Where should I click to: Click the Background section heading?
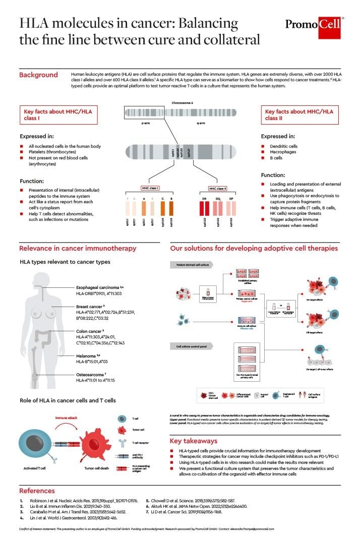38,75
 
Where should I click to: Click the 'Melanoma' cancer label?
86,355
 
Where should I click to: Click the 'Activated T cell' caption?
34,467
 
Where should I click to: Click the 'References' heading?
37,490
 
